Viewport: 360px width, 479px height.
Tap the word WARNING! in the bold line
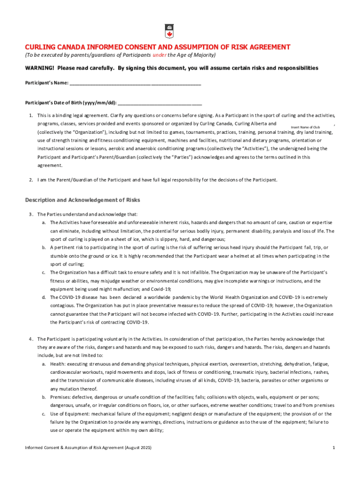(40, 68)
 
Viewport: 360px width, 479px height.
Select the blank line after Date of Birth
(160, 103)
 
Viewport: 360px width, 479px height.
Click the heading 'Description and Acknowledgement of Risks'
(82, 200)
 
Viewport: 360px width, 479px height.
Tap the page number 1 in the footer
(334, 448)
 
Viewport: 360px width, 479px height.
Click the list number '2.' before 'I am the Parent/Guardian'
(30, 180)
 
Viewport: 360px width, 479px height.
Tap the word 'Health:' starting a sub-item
(58, 363)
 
